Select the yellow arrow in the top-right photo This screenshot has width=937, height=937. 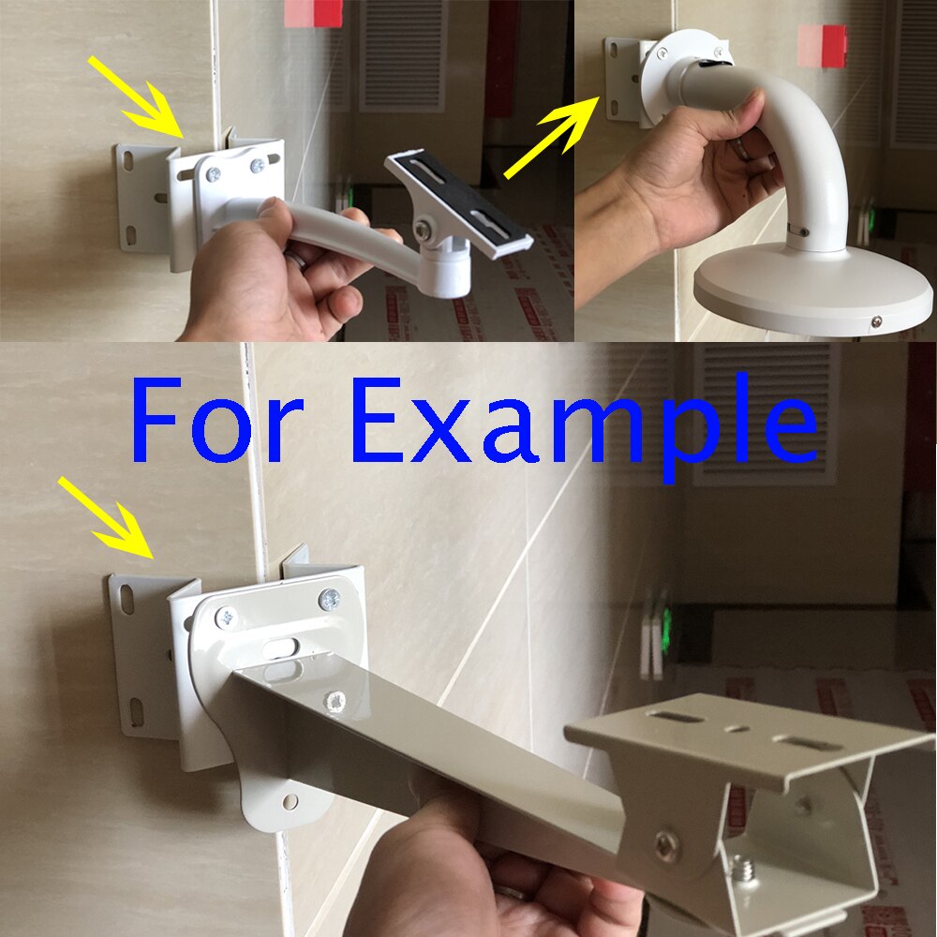tap(553, 136)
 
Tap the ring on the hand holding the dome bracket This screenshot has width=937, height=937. tap(740, 146)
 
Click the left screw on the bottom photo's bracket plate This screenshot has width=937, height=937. tap(225, 617)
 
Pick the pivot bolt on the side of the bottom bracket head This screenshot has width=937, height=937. tap(666, 846)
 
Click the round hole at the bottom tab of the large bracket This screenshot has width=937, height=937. tap(290, 802)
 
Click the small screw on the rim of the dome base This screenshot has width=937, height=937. tap(875, 321)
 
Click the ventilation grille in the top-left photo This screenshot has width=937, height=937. tap(403, 56)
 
